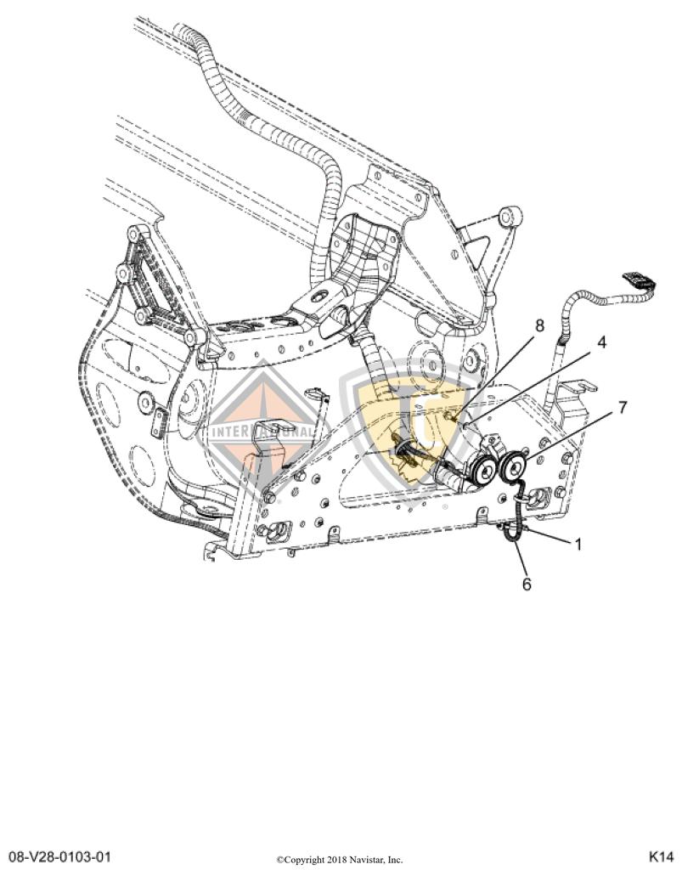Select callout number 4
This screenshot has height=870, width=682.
[601, 342]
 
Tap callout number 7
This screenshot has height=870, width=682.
[623, 407]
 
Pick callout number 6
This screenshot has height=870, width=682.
[527, 585]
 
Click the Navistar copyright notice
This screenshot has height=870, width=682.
[340, 860]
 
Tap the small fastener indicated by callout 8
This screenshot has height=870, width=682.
[451, 414]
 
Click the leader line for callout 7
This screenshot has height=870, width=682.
[569, 437]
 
